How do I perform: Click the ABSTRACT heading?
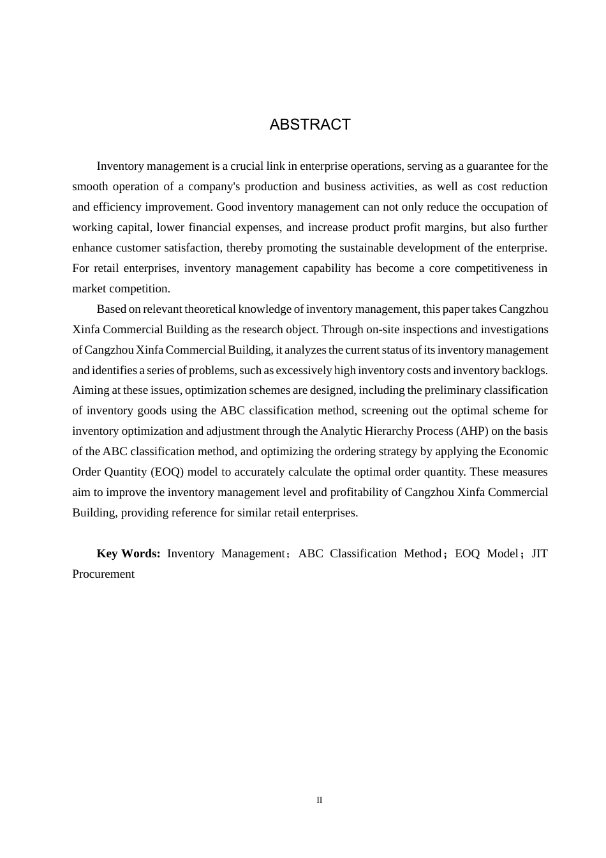coord(310,124)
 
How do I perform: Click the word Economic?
coord(523,451)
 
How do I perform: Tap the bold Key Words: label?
coord(128,553)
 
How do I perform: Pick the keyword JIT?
coord(539,553)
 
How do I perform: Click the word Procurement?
coord(103,574)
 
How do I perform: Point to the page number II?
coord(320,801)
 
